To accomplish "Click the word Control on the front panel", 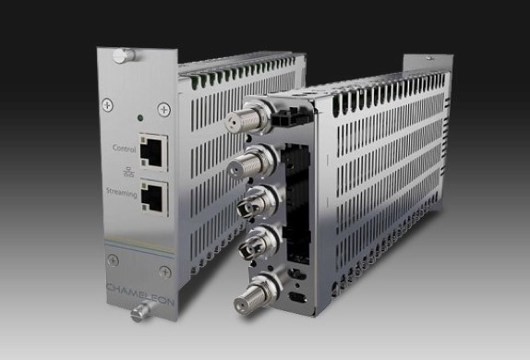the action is click(124, 149).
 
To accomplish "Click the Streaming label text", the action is click(122, 193).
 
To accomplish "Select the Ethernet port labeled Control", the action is click(154, 151).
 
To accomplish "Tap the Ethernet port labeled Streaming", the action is click(155, 197).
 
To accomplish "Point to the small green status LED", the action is click(140, 118).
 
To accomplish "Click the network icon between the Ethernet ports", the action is click(128, 173).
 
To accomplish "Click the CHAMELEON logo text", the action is click(140, 294).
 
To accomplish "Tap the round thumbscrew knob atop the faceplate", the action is click(124, 55).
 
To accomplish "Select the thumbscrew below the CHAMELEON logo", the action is click(142, 311).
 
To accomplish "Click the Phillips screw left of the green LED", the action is click(107, 105).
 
